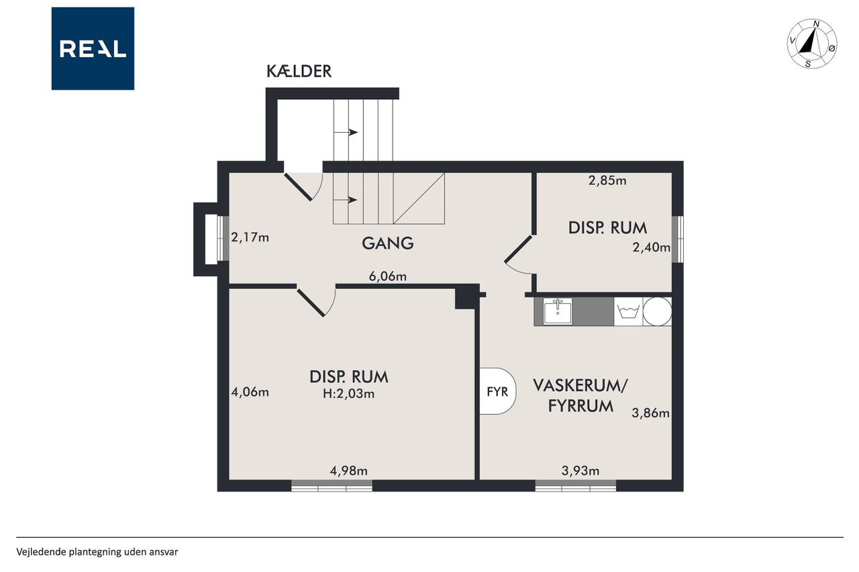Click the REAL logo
click(x=93, y=49)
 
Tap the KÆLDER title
click(x=299, y=72)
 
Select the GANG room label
click(x=388, y=243)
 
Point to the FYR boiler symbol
click(x=497, y=391)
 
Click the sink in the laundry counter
click(x=558, y=311)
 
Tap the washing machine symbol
click(x=628, y=312)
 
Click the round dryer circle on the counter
click(x=657, y=311)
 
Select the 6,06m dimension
click(x=388, y=276)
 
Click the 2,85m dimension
click(x=607, y=180)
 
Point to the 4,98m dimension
click(x=348, y=471)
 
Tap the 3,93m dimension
click(x=580, y=471)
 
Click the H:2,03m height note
click(x=348, y=394)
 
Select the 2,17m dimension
click(x=250, y=238)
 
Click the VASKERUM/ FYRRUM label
click(x=580, y=396)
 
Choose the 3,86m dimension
click(x=651, y=413)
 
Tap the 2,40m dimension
click(x=652, y=247)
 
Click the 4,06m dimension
click(x=250, y=392)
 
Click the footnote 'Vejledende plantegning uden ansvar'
click(x=97, y=552)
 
